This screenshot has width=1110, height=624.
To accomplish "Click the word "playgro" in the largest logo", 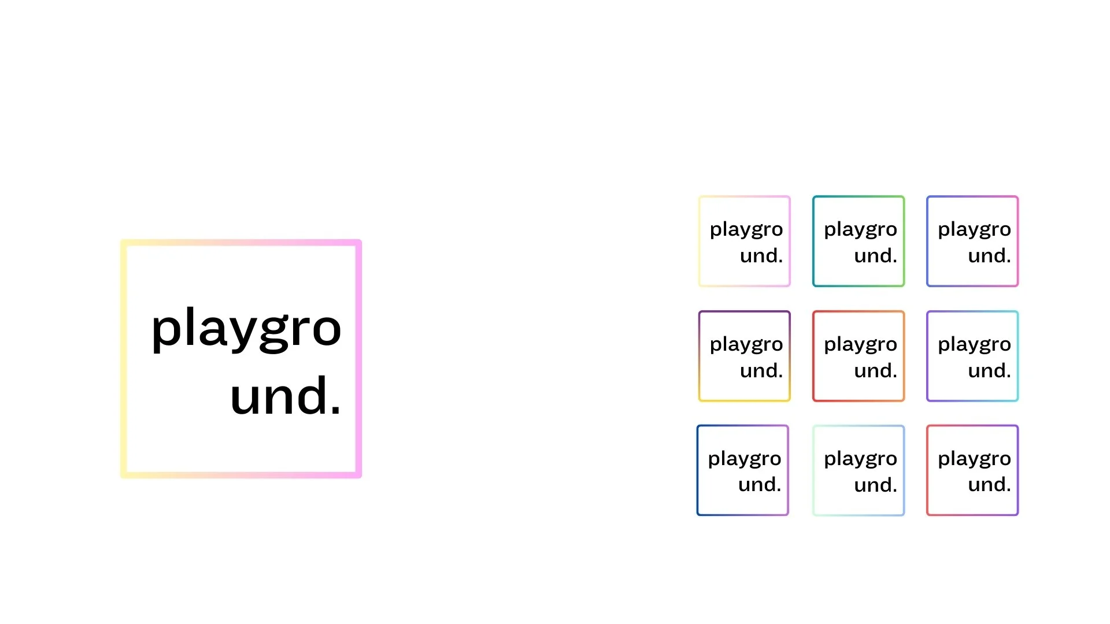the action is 246,329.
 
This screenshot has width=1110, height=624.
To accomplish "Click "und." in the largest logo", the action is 285,396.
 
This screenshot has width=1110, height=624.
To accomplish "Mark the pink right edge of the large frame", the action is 358,358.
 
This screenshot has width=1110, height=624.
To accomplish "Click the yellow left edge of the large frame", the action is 124,358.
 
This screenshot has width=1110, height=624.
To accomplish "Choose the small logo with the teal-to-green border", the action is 859,241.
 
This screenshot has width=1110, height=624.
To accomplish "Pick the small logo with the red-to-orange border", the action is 859,356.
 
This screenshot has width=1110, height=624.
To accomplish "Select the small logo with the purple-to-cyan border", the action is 972,356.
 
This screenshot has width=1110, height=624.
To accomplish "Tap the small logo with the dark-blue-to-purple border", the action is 743,470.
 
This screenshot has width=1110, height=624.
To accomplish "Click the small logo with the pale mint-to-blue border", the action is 859,470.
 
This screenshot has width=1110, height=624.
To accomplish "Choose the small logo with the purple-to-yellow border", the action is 745,356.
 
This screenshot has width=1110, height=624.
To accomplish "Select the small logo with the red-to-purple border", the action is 972,470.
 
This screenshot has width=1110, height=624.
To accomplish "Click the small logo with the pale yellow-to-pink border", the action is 745,241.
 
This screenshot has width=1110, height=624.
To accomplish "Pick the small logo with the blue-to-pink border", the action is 972,241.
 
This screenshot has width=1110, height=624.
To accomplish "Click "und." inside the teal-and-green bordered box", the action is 875,255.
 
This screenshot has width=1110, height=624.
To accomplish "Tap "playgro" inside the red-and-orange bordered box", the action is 860,345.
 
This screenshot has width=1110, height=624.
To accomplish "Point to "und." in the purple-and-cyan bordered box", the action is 989,370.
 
